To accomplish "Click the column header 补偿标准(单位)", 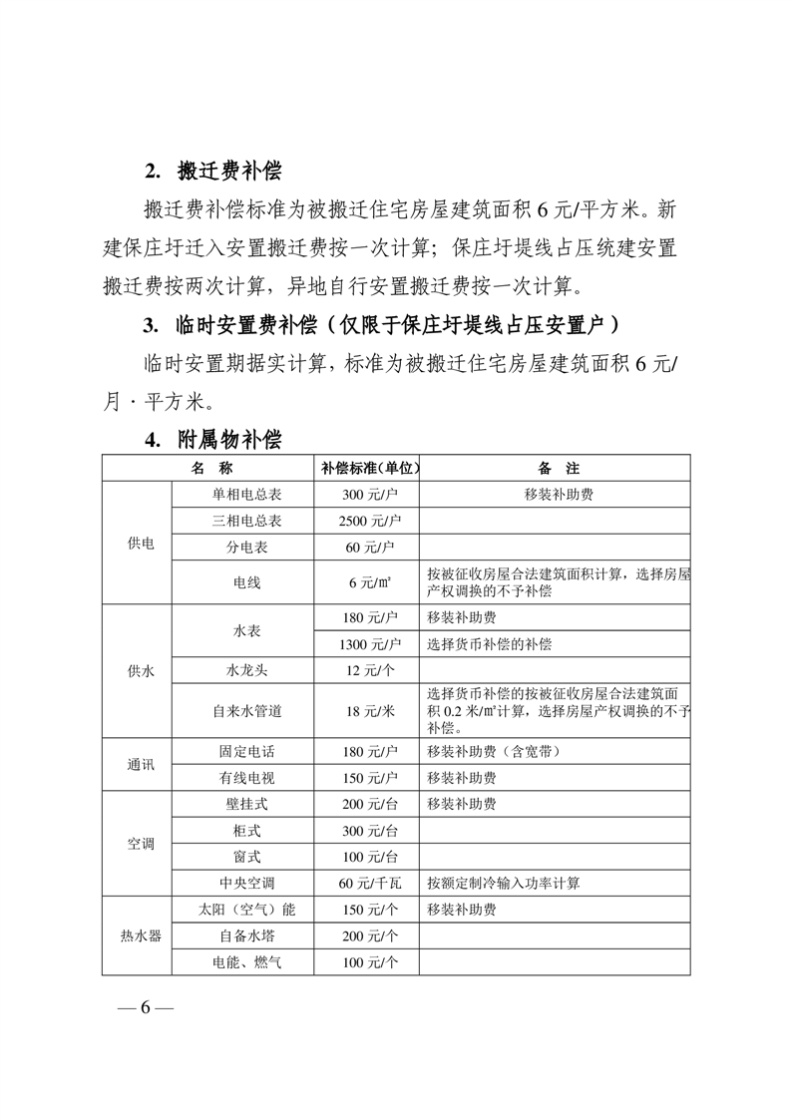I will pyautogui.click(x=367, y=468).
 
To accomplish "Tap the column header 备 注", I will pyautogui.click(x=557, y=468).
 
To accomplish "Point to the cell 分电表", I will pyautogui.click(x=246, y=548).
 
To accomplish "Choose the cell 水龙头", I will pyautogui.click(x=246, y=670).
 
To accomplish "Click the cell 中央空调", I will pyautogui.click(x=246, y=883).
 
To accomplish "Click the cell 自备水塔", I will pyautogui.click(x=246, y=935).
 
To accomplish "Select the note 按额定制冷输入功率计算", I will pyautogui.click(x=503, y=883).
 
